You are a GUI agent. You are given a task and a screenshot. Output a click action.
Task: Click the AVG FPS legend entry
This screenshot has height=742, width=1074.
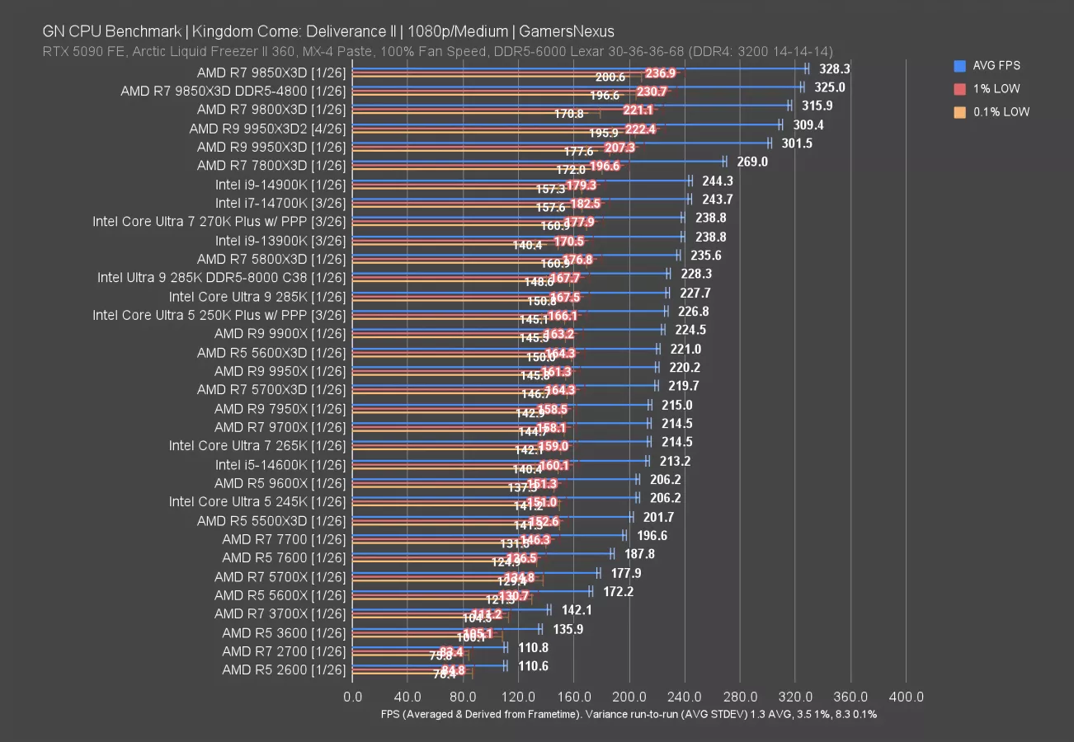coord(990,65)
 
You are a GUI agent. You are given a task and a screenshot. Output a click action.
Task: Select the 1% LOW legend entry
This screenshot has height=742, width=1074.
coord(990,88)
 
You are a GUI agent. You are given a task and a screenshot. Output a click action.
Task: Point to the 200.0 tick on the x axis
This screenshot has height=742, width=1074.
coord(629,697)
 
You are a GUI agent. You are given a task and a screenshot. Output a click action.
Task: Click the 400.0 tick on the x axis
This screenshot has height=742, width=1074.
coord(907,697)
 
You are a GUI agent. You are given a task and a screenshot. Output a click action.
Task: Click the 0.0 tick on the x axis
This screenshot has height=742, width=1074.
coord(352,697)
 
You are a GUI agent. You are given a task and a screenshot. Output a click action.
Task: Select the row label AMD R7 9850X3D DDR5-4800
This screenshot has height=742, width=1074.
coord(233,91)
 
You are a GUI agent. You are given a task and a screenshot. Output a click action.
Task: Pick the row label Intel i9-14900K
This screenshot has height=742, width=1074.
coord(280,184)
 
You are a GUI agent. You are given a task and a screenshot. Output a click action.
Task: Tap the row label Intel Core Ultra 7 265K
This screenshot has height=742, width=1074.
coord(257,445)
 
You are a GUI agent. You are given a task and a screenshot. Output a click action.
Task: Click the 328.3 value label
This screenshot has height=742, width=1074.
coord(834,68)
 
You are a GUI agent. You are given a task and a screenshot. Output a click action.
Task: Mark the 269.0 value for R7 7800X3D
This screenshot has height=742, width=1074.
coord(751,162)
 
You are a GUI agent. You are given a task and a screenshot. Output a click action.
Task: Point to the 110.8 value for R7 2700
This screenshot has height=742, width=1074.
coord(533,648)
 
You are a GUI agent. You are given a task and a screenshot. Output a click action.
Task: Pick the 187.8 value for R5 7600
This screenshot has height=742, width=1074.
coord(639,554)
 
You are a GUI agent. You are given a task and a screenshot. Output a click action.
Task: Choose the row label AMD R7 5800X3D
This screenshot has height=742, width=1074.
coord(271,258)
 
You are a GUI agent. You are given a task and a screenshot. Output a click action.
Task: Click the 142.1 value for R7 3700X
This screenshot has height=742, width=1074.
coord(576,610)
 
